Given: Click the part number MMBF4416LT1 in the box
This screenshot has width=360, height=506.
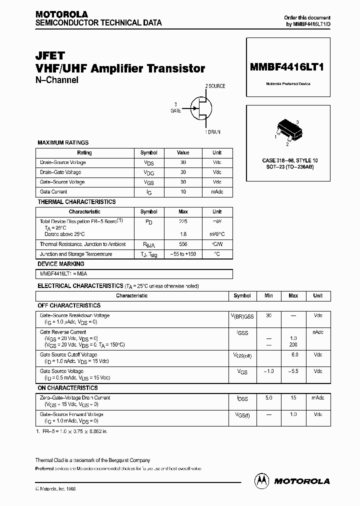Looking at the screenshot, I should [288, 68].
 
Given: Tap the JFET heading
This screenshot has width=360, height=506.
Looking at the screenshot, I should [50, 56].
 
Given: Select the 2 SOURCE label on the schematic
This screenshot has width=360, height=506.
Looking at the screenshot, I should [215, 86].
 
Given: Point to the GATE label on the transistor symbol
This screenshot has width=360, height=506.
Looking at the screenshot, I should [175, 111].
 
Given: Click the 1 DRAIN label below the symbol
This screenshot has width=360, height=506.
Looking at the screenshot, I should [212, 132].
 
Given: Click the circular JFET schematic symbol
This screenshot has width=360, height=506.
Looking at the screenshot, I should [200, 108].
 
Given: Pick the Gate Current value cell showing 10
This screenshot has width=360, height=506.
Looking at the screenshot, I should [183, 192].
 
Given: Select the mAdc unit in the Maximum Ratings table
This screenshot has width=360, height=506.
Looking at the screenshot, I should [217, 192].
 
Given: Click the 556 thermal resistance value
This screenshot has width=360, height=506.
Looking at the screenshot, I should [183, 244].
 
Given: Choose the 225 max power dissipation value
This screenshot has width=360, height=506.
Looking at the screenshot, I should [183, 221].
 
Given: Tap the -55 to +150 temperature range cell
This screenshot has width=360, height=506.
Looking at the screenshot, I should [183, 254].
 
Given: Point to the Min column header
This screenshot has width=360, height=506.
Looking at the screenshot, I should [268, 295].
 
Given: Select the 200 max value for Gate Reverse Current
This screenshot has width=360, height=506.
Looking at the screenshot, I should [293, 345].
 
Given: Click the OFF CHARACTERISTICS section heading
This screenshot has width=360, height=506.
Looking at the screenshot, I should [69, 305].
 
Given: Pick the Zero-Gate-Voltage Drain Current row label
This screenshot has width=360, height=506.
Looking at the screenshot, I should [75, 398].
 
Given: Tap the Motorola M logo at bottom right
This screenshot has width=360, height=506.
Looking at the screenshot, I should [261, 480].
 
